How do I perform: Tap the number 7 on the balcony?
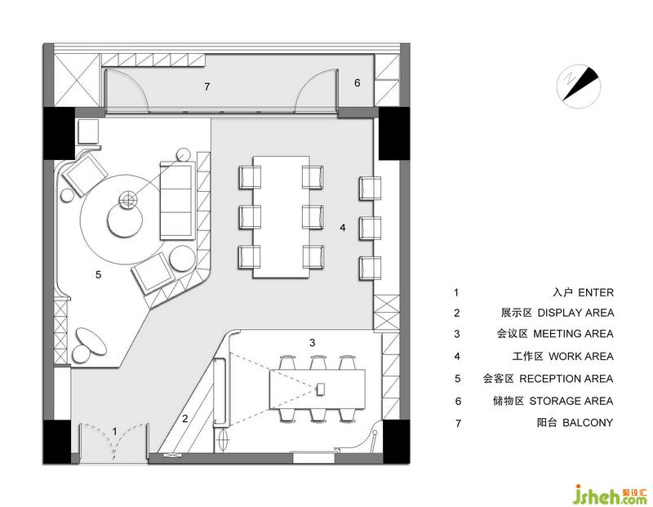207,87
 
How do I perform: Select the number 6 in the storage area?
357,83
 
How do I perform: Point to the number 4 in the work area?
342,228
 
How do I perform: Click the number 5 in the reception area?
98,274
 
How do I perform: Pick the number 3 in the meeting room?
313,343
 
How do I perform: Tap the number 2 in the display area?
185,418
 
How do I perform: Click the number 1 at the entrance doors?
114,431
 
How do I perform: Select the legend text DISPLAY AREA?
575,313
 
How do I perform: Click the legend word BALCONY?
588,422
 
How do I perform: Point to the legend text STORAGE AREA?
571,401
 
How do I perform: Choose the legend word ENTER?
596,292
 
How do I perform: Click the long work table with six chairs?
282,216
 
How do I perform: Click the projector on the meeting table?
321,390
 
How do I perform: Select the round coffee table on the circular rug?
126,221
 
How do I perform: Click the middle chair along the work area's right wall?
371,228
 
